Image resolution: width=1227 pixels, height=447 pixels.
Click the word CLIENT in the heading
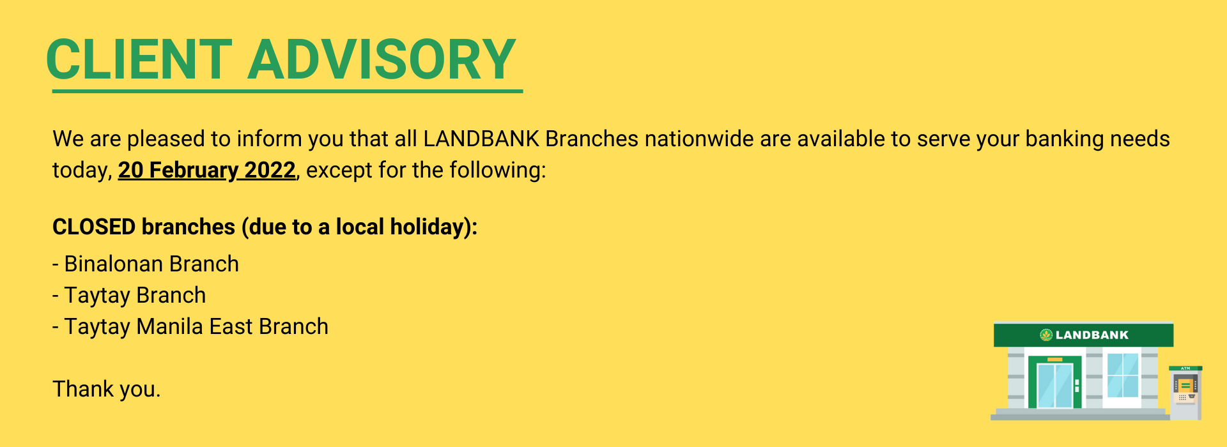[139, 59]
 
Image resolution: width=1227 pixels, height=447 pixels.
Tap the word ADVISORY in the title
[382, 59]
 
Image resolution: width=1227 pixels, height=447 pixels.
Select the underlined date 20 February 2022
[206, 170]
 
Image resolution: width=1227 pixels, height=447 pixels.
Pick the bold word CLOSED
[94, 227]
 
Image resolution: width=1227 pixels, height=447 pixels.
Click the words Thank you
[106, 389]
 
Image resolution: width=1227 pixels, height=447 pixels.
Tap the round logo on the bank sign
[1046, 335]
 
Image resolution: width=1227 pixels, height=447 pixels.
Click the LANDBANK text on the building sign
[1092, 335]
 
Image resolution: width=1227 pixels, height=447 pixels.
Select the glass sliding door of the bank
[1055, 385]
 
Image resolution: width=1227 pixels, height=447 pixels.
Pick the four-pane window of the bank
[1123, 375]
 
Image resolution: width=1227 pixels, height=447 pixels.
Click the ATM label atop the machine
[1185, 368]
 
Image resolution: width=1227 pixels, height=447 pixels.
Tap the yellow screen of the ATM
[1185, 386]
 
